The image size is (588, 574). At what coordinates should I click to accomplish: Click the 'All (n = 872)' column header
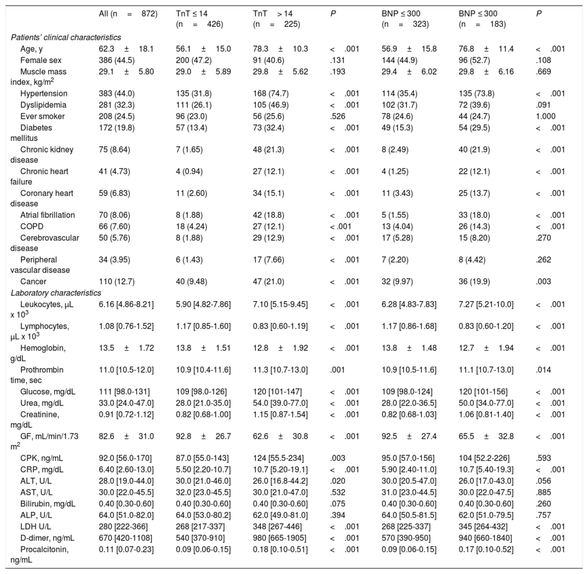click(128, 13)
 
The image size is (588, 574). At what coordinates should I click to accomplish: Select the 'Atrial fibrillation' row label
click(47, 215)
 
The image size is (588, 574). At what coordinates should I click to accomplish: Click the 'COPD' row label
click(30, 226)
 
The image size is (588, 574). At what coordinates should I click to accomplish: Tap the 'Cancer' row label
click(32, 282)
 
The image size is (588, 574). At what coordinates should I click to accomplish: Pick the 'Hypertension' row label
click(44, 93)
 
